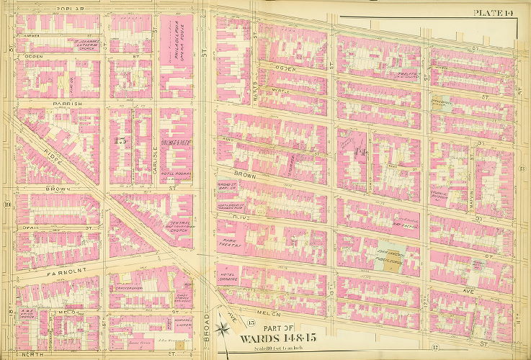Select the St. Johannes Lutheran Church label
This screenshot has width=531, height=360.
tap(84, 45)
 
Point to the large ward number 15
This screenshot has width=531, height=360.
tap(120, 141)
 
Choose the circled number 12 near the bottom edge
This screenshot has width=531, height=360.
tap(436, 348)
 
